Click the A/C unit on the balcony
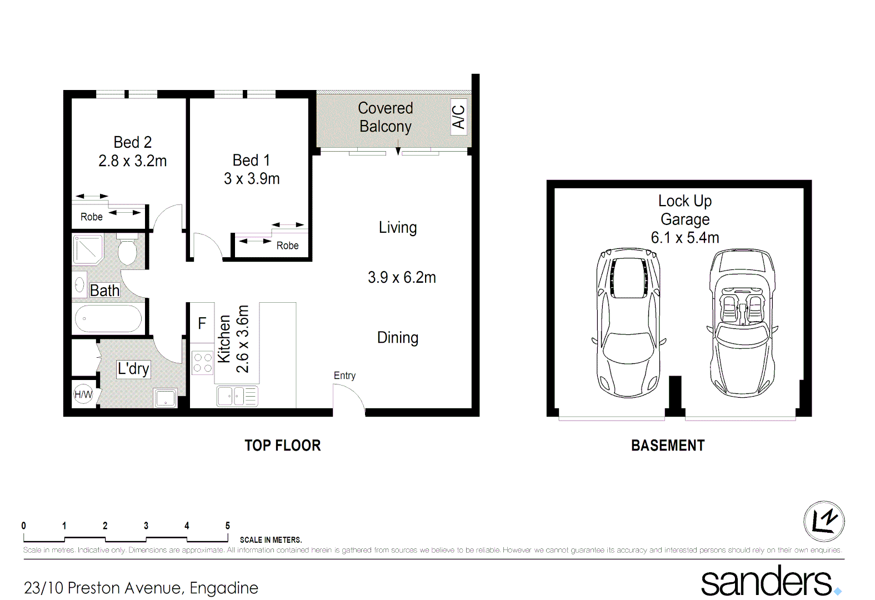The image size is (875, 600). pyautogui.click(x=458, y=117)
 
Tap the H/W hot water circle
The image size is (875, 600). pyautogui.click(x=83, y=394)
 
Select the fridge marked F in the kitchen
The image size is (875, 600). pyautogui.click(x=202, y=323)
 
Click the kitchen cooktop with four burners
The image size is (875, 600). pyautogui.click(x=202, y=363)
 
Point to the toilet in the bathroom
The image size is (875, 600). pyautogui.click(x=127, y=252)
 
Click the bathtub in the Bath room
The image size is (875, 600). pyautogui.click(x=108, y=319)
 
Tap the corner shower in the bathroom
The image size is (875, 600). pyautogui.click(x=87, y=249)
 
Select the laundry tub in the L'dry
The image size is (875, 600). pyautogui.click(x=166, y=398)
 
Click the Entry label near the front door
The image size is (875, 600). pyautogui.click(x=344, y=376)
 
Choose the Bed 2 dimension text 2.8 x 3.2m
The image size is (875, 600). pyautogui.click(x=132, y=161)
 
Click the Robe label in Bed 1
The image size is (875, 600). pyautogui.click(x=287, y=246)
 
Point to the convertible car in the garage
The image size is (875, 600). pyautogui.click(x=742, y=322)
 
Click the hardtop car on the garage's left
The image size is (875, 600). pyautogui.click(x=628, y=322)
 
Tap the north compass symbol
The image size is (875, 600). pyautogui.click(x=824, y=521)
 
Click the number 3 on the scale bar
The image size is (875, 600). pyautogui.click(x=146, y=526)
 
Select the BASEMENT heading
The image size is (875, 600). pyautogui.click(x=668, y=446)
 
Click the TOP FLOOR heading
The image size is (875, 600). pyautogui.click(x=282, y=446)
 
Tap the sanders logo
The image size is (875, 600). pyautogui.click(x=767, y=581)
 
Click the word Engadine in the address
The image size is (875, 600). pyautogui.click(x=224, y=588)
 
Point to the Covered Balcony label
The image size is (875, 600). pyautogui.click(x=386, y=117)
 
